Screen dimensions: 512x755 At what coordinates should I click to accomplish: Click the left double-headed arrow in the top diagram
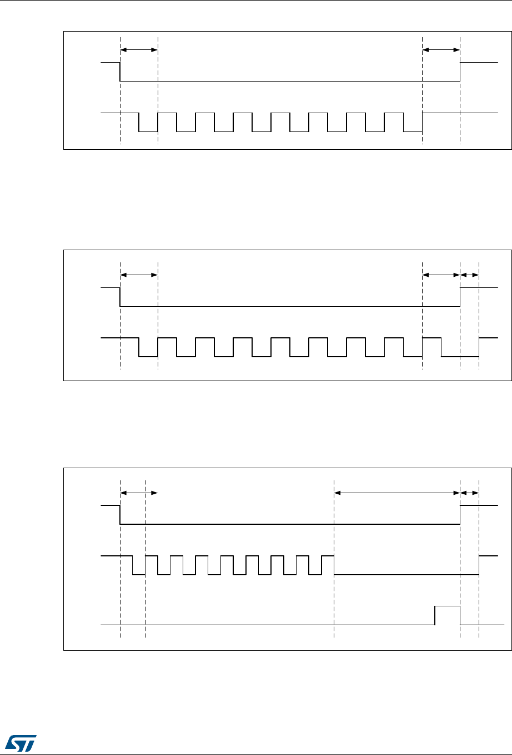139,50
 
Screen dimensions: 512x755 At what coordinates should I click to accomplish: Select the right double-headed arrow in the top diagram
441,50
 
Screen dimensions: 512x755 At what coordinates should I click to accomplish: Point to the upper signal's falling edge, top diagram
121,72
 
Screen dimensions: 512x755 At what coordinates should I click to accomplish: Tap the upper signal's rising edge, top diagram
460,72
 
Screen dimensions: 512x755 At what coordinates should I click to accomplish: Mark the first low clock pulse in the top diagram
148,131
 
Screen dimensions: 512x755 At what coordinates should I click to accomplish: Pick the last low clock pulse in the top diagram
413,131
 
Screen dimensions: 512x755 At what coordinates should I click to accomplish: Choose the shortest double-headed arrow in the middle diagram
470,275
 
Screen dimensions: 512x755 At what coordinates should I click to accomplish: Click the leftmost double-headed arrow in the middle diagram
139,275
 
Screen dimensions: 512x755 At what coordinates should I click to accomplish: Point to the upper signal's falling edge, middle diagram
121,297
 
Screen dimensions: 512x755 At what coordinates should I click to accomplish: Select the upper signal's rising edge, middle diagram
460,297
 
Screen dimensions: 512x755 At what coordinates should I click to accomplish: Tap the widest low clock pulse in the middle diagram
460,356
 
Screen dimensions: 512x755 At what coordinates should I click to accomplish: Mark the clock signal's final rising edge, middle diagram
479,347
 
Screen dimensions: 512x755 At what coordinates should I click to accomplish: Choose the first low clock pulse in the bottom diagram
139,574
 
